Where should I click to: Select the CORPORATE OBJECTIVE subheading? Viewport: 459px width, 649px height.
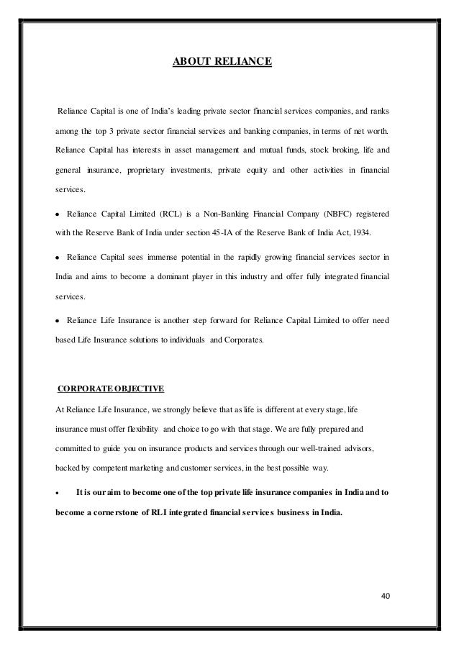(x=111, y=389)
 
